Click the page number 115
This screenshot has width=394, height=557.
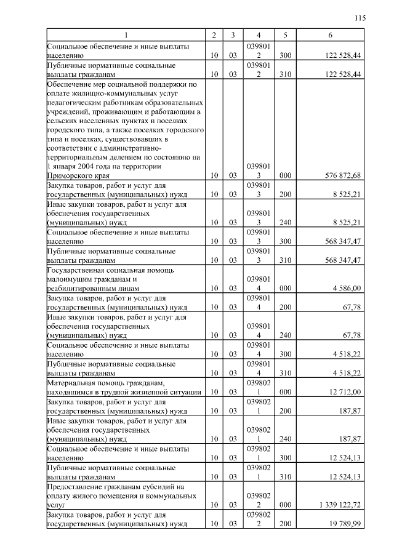coord(360,18)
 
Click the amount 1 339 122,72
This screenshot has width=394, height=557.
coord(340,504)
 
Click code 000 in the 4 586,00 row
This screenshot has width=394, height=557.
coord(285,287)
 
